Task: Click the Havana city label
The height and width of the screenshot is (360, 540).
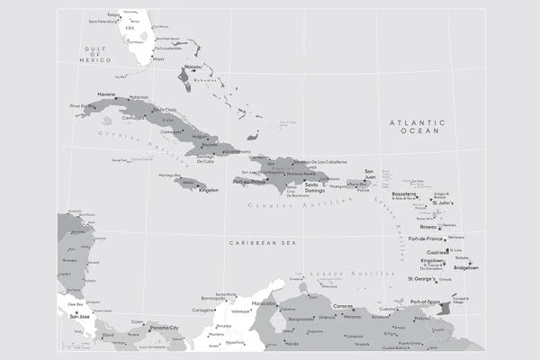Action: tap(106, 94)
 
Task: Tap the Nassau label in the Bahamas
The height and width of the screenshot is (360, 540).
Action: tap(192, 67)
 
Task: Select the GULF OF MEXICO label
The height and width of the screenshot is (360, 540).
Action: tap(94, 54)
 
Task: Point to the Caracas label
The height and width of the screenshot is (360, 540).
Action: tap(343, 307)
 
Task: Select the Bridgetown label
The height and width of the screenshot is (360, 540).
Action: tap(465, 267)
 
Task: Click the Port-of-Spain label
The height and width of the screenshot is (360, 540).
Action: tap(424, 301)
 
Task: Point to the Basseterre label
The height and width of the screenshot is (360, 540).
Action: tap(405, 193)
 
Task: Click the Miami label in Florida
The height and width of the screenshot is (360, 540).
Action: tap(159, 59)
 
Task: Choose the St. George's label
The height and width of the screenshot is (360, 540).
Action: tap(421, 279)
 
